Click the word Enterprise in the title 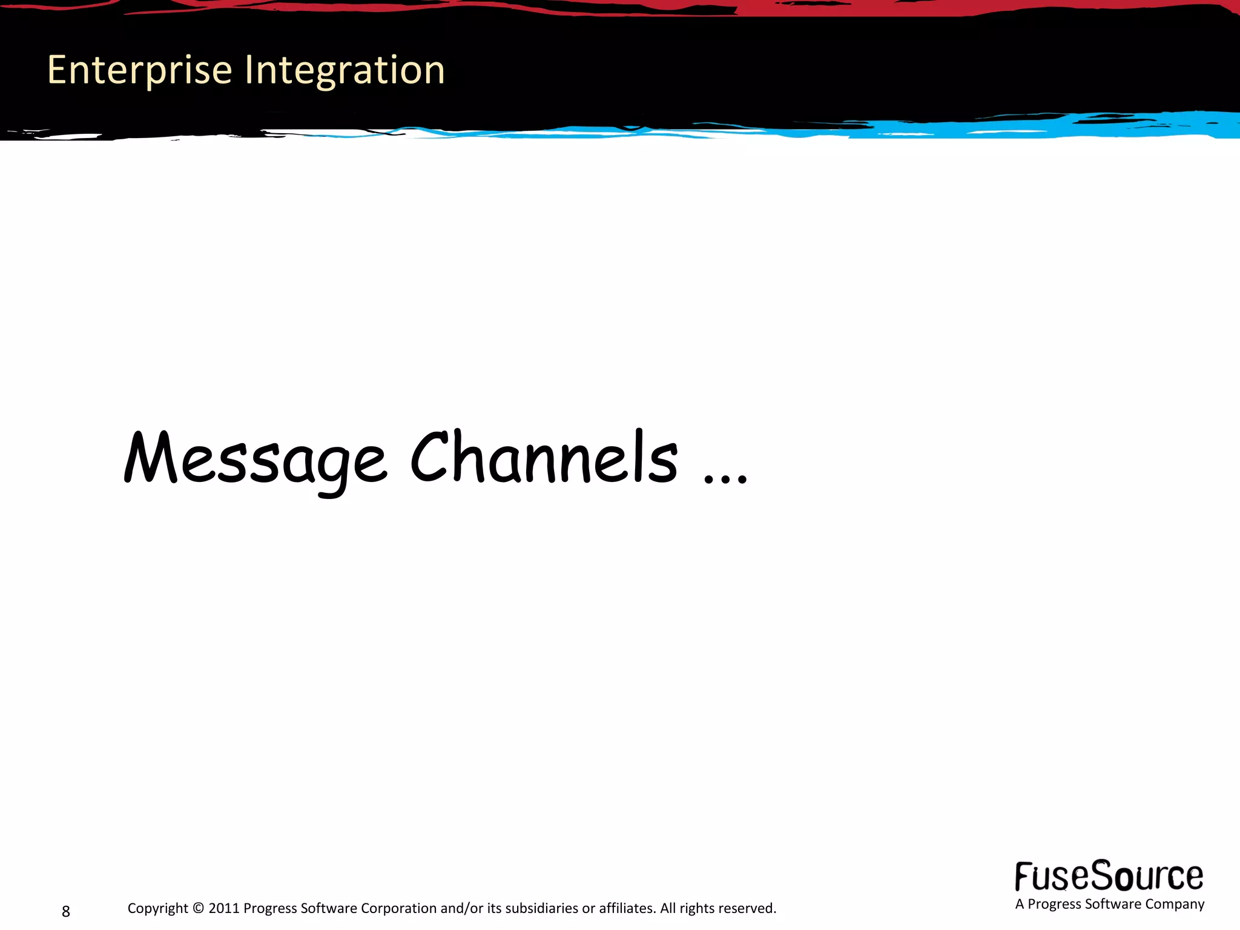tap(140, 71)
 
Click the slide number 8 tap(66, 911)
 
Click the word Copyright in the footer tap(158, 908)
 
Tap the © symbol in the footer tap(199, 908)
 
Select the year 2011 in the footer tap(224, 908)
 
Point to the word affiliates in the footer tap(627, 908)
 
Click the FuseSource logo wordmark tap(1109, 877)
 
